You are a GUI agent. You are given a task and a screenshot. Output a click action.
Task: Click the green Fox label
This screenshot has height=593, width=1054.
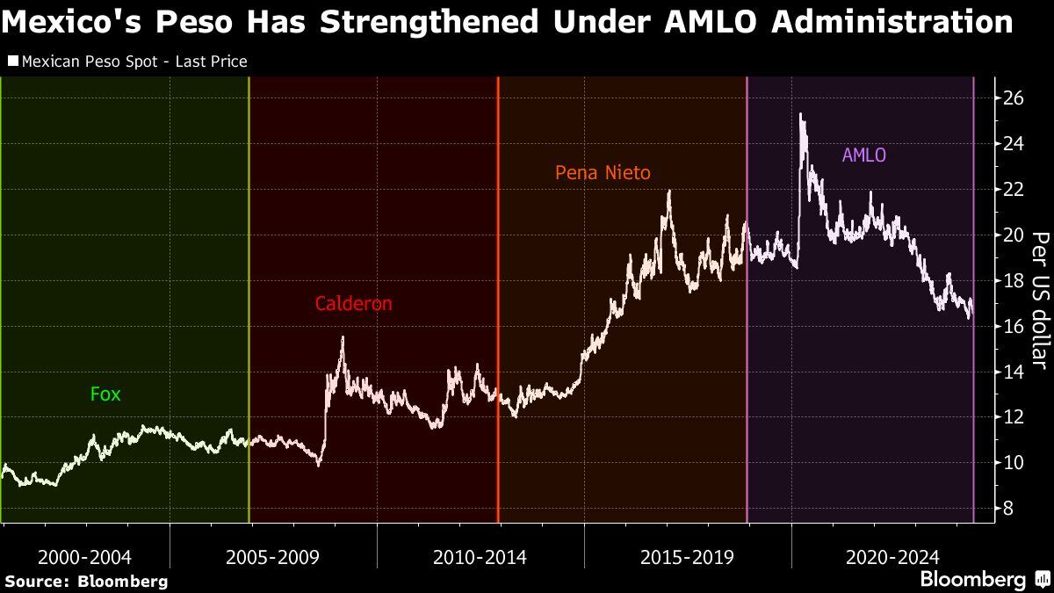point(105,394)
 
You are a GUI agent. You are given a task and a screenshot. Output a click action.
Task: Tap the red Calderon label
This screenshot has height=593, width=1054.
point(353,304)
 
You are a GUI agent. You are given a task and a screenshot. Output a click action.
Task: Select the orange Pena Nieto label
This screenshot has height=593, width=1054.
point(603,173)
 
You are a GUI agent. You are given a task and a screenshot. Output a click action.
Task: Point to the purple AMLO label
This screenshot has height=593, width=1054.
point(863,155)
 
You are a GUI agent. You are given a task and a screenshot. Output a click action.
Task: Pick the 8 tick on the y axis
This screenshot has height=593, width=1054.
point(1008,509)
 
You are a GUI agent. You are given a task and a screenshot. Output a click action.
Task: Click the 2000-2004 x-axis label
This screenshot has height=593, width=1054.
point(85,557)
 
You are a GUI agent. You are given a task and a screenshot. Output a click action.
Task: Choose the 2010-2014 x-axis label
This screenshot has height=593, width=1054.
point(480,557)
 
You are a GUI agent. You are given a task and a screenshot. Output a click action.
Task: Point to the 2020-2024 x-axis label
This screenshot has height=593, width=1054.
point(892,557)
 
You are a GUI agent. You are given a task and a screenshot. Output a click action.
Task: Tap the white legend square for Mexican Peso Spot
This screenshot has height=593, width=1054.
point(12,61)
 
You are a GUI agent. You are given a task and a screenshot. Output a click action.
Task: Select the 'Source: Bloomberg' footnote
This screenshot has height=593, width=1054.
point(86,582)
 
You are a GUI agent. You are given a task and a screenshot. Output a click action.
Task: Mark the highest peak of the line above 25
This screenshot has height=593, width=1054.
point(801,114)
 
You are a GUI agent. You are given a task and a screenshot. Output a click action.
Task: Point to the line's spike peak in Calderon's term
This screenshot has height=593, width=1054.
point(342,337)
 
